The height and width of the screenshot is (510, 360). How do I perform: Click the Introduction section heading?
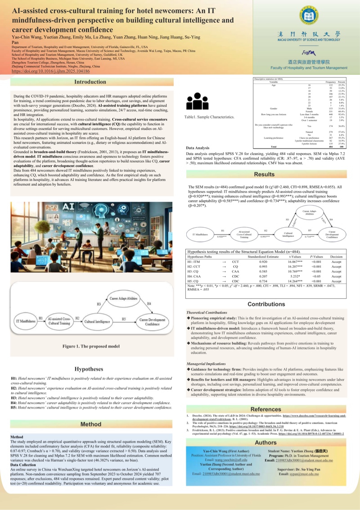pos(90,82)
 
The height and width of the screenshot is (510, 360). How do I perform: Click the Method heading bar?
pos(90,424)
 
